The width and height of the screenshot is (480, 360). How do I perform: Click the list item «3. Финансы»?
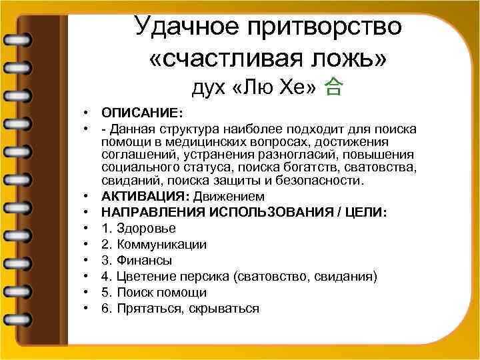pyautogui.click(x=137, y=260)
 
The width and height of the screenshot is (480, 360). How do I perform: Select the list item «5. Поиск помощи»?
pyautogui.click(x=154, y=292)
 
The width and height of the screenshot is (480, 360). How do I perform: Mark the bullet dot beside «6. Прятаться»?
pyautogui.click(x=87, y=308)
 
